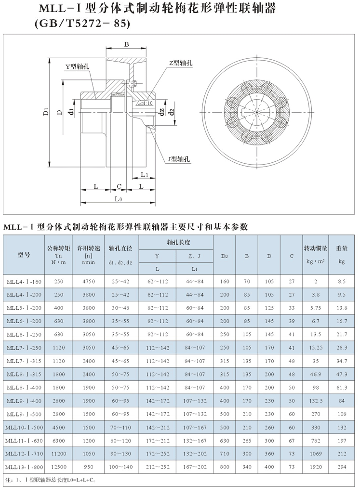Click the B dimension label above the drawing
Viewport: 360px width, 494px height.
click(x=126, y=44)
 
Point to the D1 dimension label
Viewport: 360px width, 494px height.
click(x=46, y=112)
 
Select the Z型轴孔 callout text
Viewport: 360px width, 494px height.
click(x=181, y=64)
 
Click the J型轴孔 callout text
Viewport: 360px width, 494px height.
click(x=179, y=159)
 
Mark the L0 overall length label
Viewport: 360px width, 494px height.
click(x=119, y=199)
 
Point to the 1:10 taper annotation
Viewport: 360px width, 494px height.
click(x=147, y=104)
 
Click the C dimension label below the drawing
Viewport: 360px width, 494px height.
click(x=119, y=187)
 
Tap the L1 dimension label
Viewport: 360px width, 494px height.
click(x=145, y=175)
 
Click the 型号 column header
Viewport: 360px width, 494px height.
click(x=24, y=255)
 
